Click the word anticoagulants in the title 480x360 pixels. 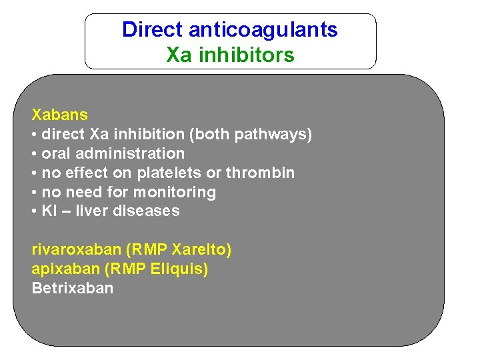click(263, 30)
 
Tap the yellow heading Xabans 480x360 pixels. click(59, 115)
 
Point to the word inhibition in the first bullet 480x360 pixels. click(153, 134)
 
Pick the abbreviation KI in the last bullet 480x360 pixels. click(49, 211)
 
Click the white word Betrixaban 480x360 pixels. click(72, 289)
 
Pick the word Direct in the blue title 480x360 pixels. click(152, 30)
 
